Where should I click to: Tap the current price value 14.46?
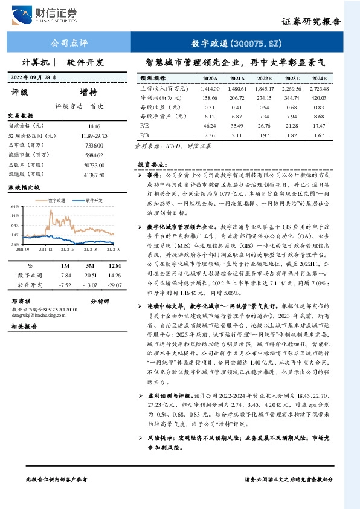pos(94,126)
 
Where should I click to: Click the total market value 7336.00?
pos(94,145)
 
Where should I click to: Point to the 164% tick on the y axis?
pos(13,206)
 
